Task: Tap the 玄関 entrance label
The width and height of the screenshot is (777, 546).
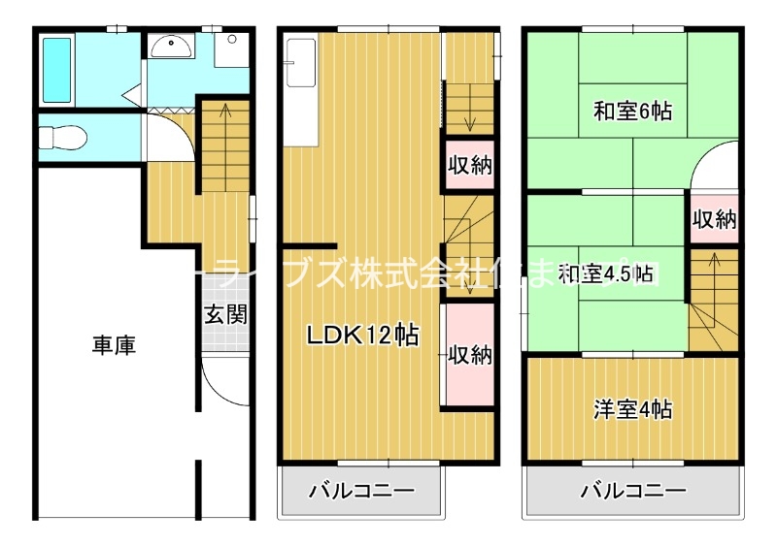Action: click(x=224, y=314)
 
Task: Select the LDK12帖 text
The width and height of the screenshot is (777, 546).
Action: click(x=363, y=336)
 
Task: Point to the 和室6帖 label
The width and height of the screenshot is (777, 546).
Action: click(x=632, y=112)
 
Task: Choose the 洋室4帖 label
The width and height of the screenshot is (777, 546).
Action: click(x=632, y=409)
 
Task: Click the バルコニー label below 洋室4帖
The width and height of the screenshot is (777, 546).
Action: click(x=633, y=491)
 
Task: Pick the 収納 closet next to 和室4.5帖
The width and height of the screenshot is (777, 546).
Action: click(x=714, y=219)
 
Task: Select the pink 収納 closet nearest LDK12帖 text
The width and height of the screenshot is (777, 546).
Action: click(x=469, y=355)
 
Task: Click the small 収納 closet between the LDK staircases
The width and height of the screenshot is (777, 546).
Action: click(x=469, y=165)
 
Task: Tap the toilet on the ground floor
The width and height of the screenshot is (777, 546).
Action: click(x=61, y=138)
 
